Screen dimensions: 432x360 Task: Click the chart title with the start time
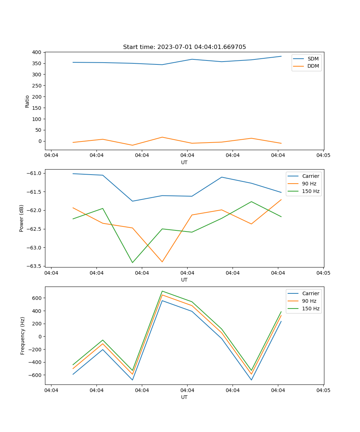coord(184,47)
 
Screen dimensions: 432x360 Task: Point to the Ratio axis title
coord(27,101)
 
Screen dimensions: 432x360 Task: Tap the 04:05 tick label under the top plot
coord(323,156)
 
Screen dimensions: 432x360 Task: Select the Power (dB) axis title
coord(22,218)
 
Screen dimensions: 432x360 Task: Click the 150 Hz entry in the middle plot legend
coord(311,191)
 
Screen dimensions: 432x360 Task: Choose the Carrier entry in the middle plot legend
coord(311,176)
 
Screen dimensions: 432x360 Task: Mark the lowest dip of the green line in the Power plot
coord(132,262)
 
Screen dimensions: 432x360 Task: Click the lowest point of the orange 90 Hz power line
coord(162,262)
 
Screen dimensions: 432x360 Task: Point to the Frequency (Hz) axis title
coord(23,336)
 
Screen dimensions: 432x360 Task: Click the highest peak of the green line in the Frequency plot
coord(162,291)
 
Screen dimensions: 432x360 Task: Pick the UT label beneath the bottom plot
coord(184,397)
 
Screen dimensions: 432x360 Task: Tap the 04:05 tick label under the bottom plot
coord(323,390)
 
